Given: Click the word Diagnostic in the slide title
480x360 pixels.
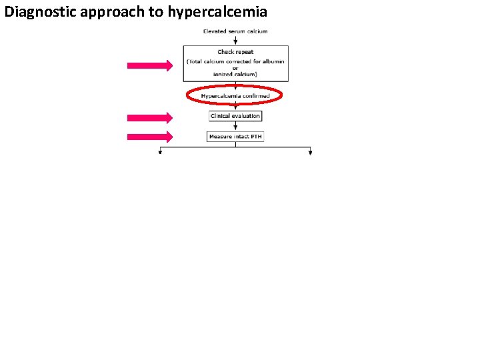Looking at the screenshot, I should pos(37,11).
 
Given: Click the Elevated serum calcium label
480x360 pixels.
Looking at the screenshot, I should pos(235,31).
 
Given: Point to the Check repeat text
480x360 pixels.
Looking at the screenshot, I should pos(235,52).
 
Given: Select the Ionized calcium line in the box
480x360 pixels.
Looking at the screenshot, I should pos(235,73).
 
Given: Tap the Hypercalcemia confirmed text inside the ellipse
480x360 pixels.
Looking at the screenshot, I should pos(235,96).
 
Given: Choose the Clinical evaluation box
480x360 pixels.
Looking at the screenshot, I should pos(235,116).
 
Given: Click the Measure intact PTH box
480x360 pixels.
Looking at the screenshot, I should pos(235,137).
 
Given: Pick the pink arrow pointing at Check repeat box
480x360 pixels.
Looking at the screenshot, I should pos(150,65).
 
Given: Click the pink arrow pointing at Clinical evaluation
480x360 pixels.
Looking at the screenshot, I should pos(150,118).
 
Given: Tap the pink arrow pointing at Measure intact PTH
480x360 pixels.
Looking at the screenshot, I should pos(150,137).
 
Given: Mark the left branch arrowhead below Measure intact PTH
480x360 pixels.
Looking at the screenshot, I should pos(160,153).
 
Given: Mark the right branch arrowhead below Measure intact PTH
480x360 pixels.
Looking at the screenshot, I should pos(311,153).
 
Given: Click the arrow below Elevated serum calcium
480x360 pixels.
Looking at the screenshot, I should pos(235,40).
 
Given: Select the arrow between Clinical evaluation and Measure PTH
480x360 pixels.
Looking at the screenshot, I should pos(235,127).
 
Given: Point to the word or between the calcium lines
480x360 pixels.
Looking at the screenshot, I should pos(235,67).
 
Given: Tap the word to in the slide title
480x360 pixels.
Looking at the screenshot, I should pos(150,11).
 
